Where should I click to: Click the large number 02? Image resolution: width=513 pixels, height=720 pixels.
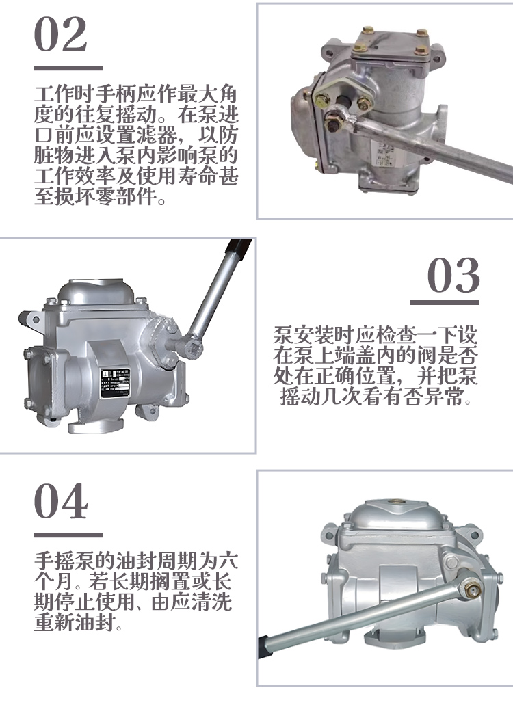(x=61, y=34)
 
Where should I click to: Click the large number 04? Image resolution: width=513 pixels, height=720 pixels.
(x=61, y=501)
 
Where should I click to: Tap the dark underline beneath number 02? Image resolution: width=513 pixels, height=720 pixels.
(x=68, y=68)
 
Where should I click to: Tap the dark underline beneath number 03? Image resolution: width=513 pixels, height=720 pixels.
(x=445, y=303)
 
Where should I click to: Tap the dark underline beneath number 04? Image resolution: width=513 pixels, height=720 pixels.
(x=68, y=535)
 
